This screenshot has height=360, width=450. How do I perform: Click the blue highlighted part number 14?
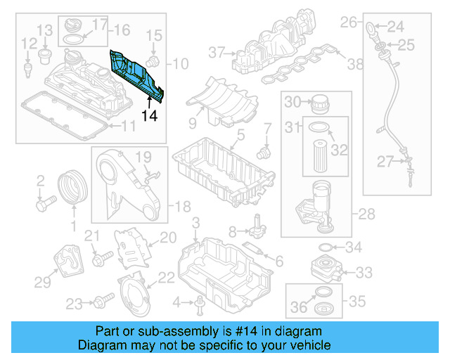coord(138,74)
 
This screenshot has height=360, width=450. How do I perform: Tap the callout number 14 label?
coord(150,115)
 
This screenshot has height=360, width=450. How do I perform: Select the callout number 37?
coord(215,51)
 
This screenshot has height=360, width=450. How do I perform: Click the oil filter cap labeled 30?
coord(319,102)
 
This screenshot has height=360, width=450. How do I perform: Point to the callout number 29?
coord(43,282)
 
